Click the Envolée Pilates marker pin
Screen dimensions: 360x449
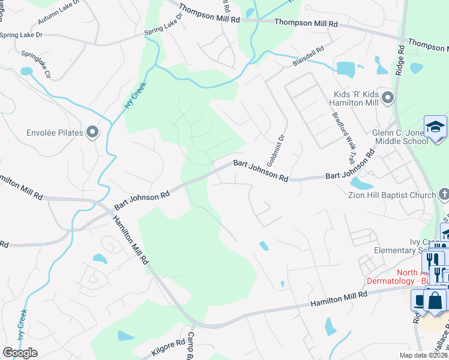(x=92, y=132)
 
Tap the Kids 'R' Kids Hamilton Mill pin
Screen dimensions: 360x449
(x=388, y=97)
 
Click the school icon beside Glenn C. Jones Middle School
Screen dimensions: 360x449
(x=435, y=127)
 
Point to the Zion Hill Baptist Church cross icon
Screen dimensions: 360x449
(x=443, y=194)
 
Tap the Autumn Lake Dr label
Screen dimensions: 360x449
(x=59, y=13)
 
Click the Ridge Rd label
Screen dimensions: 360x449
(x=400, y=59)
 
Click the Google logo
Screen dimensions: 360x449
(x=20, y=352)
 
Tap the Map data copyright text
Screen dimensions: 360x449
(x=424, y=355)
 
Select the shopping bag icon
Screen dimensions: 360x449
(x=435, y=299)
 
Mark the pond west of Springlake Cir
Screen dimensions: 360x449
(x=26, y=71)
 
